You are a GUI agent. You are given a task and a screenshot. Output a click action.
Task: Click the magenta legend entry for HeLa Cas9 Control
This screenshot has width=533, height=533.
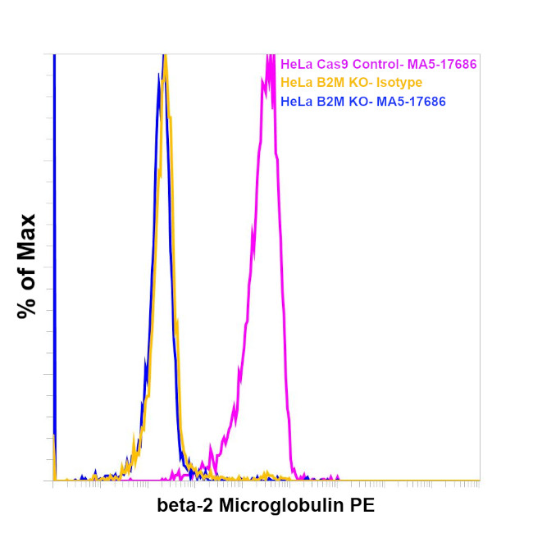pyautogui.click(x=378, y=64)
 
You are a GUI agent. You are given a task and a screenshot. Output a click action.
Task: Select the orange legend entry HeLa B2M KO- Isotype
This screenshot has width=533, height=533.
pyautogui.click(x=351, y=83)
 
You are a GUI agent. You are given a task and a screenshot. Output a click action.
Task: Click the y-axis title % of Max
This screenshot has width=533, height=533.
pyautogui.click(x=27, y=266)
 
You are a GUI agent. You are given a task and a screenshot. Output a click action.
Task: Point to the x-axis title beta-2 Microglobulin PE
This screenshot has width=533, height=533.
pyautogui.click(x=266, y=505)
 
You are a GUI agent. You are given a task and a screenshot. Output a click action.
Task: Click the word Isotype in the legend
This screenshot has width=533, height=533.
pyautogui.click(x=399, y=83)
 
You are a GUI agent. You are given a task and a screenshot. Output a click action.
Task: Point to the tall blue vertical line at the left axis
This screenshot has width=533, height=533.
pyautogui.click(x=53, y=246)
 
